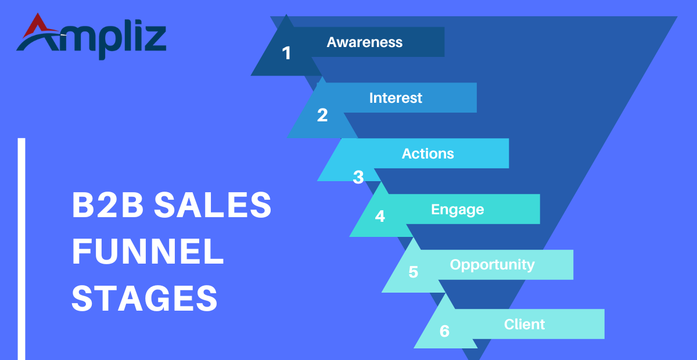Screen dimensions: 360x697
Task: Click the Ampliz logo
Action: click(91, 36)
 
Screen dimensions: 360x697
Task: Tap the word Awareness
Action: click(364, 42)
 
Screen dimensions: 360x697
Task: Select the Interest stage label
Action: click(396, 98)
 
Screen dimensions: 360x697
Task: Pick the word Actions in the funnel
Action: click(427, 153)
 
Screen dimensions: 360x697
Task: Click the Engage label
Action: click(457, 209)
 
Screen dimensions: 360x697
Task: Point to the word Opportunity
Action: click(492, 265)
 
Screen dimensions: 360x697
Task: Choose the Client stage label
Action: click(524, 324)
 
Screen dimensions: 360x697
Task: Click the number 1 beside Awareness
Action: click(286, 53)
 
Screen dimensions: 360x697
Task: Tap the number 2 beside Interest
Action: click(322, 115)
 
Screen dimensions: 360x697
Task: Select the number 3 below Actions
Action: click(358, 177)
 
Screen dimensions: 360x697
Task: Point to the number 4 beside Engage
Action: click(380, 217)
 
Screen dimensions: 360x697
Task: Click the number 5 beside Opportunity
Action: click(413, 272)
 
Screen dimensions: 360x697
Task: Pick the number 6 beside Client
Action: click(444, 331)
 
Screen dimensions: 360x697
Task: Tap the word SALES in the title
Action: click(213, 206)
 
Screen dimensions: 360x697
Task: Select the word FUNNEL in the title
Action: click(148, 253)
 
